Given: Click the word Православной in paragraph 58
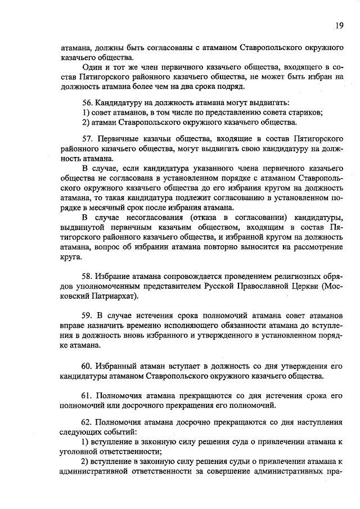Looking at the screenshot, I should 255,286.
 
